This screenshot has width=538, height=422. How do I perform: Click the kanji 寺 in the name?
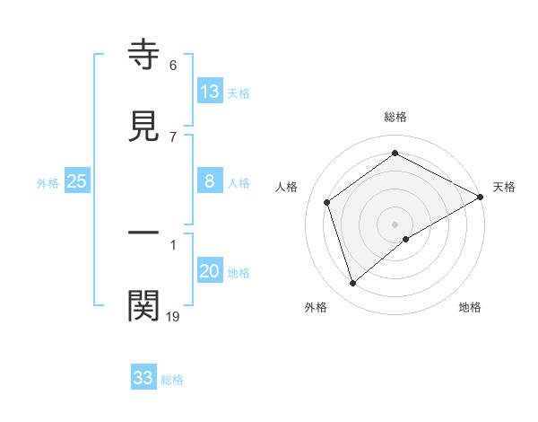click(x=143, y=54)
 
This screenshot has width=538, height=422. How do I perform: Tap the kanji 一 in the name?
click(x=143, y=233)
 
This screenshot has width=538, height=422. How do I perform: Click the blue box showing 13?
click(x=210, y=91)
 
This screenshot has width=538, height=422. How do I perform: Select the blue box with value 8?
click(x=210, y=181)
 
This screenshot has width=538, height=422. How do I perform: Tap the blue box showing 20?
click(x=210, y=271)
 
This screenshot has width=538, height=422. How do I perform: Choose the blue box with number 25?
click(x=77, y=181)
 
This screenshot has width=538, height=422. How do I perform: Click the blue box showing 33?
click(x=143, y=377)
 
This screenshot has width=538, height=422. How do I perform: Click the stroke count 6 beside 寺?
click(x=173, y=66)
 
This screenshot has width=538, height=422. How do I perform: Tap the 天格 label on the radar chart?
click(x=505, y=187)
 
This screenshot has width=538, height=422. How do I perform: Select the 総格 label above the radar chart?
click(x=395, y=117)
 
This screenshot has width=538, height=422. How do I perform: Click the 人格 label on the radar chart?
click(x=287, y=187)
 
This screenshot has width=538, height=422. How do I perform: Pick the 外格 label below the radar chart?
click(x=316, y=307)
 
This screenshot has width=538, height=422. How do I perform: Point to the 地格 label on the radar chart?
click(x=470, y=307)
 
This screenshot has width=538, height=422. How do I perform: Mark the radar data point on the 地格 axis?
click(x=406, y=239)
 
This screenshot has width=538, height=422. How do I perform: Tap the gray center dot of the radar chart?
click(x=395, y=224)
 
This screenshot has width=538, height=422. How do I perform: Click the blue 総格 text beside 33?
click(x=172, y=380)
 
